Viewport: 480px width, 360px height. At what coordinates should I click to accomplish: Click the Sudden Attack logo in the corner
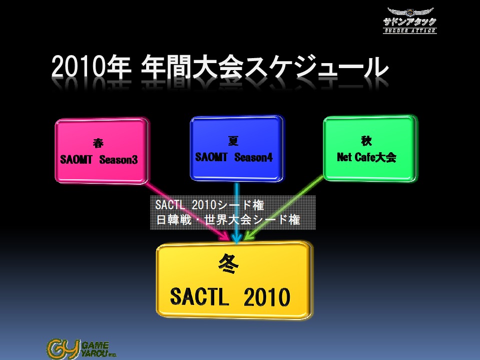(x=409, y=20)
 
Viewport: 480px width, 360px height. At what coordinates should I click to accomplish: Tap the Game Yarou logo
(x=82, y=348)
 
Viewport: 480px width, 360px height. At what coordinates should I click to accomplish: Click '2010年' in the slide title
(x=91, y=67)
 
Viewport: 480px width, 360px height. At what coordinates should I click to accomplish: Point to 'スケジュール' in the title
(x=316, y=67)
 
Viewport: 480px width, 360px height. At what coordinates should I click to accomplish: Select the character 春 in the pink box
(x=98, y=143)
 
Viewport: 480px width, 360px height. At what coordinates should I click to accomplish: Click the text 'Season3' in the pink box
(x=119, y=160)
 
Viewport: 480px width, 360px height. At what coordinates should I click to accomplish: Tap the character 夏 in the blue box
(x=233, y=141)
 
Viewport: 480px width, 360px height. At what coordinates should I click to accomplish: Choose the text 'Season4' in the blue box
(x=253, y=157)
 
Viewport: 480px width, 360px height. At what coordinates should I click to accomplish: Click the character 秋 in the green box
(x=366, y=141)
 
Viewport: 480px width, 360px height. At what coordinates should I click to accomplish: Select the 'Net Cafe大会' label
(x=366, y=157)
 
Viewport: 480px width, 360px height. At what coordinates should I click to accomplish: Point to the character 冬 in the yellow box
(x=228, y=264)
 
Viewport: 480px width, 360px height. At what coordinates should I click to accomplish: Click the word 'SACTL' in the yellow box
(x=199, y=296)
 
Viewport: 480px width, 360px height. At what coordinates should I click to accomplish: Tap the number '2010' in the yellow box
(x=267, y=296)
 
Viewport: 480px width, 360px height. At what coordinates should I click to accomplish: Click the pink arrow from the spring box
(x=187, y=211)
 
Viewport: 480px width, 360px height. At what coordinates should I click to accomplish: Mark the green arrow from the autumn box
(x=284, y=208)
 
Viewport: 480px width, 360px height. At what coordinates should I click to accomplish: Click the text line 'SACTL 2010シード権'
(x=210, y=205)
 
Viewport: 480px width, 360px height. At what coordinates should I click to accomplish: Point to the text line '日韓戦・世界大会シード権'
(x=228, y=220)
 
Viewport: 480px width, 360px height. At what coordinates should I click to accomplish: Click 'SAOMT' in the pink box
(x=76, y=160)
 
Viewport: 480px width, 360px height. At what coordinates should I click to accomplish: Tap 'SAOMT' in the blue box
(x=211, y=157)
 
